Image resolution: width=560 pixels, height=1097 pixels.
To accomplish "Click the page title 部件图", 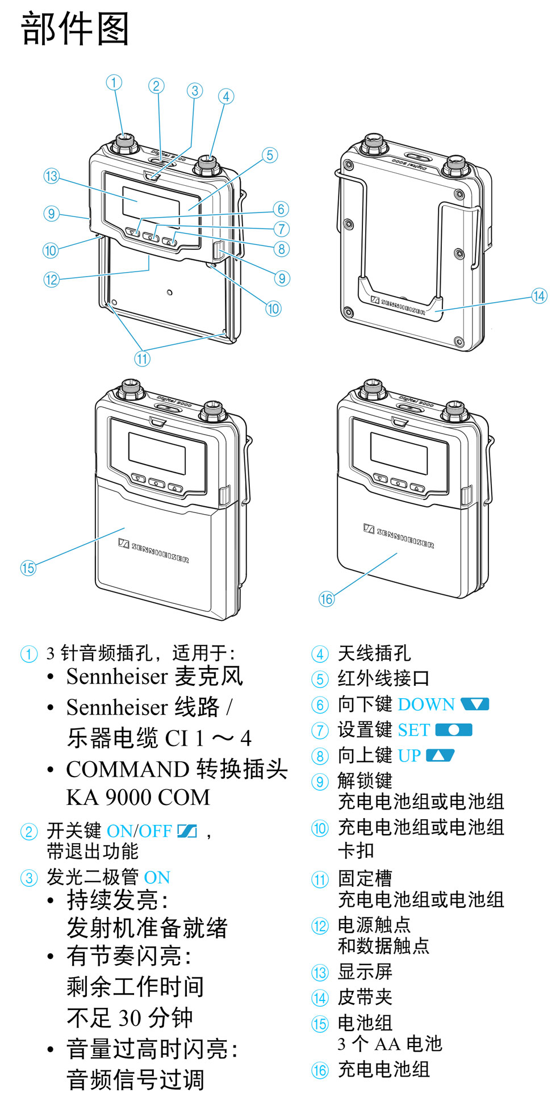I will [75, 29].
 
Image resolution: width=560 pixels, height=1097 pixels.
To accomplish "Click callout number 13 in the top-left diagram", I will [51, 176].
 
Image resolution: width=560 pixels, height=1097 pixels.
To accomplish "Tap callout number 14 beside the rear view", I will [538, 296].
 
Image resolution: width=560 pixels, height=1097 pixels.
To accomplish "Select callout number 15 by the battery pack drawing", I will [28, 568].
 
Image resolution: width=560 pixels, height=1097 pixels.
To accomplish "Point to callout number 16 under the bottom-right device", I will [326, 599].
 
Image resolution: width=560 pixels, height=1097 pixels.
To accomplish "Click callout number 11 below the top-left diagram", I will [142, 358].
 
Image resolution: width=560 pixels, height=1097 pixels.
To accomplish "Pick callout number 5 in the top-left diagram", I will [270, 155].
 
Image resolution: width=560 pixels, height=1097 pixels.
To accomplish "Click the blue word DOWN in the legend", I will [426, 704].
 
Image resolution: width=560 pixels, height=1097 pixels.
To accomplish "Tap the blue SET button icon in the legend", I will [453, 730].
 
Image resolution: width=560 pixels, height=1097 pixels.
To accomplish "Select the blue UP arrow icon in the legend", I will [440, 756].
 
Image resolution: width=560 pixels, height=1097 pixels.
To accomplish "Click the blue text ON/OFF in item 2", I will [139, 831].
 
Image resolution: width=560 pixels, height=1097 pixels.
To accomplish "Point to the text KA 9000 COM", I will [138, 798].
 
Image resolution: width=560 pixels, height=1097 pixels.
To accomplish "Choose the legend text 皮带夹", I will [365, 997].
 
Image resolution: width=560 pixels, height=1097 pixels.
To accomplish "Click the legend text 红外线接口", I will [383, 678].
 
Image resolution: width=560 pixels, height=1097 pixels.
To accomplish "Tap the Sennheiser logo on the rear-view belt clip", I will [398, 306].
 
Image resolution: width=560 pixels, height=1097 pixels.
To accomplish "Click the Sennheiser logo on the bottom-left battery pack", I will [153, 551].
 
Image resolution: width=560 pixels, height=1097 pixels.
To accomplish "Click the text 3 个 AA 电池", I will [390, 1044].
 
